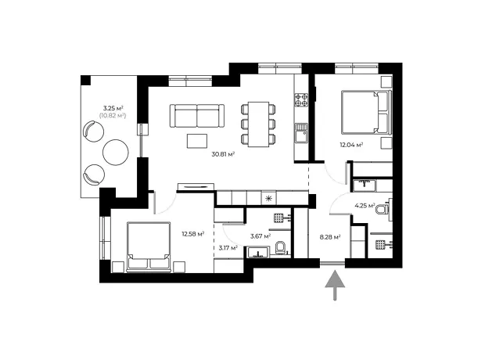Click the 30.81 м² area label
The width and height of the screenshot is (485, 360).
(223, 154)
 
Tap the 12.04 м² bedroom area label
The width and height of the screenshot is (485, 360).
(351, 145)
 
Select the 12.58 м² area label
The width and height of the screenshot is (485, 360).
(192, 234)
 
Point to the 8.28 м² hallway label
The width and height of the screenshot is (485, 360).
(330, 237)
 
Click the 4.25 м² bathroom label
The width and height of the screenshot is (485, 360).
(365, 206)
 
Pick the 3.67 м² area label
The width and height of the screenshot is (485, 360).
(260, 236)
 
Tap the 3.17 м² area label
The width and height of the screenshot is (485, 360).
(228, 247)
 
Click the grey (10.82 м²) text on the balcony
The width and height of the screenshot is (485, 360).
(113, 116)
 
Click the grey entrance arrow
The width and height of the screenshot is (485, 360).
(335, 286)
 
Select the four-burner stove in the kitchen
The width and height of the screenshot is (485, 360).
(301, 99)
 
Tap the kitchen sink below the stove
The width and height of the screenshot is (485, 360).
(301, 133)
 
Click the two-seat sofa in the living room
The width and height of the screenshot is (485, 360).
(197, 116)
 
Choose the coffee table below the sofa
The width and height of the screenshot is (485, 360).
(197, 141)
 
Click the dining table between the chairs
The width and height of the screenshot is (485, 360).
(258, 124)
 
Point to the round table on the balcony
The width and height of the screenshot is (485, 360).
(116, 153)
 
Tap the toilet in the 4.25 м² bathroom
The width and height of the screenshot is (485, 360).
(383, 208)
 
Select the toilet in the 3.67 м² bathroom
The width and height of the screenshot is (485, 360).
(281, 247)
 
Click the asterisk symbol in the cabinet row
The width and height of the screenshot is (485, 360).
(268, 199)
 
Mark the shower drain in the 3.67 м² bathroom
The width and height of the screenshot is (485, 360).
(278, 218)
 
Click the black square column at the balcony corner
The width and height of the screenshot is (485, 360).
(86, 80)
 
